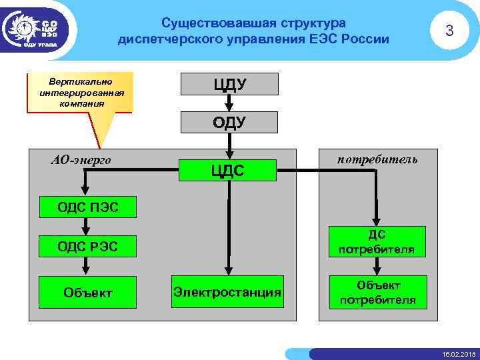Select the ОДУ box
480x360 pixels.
coord(229,123)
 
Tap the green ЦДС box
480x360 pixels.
coord(227,171)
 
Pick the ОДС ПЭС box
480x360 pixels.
coord(87,207)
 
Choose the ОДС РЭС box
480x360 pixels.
coord(87,246)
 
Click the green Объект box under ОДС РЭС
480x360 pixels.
coord(87,292)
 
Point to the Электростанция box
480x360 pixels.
coord(227,292)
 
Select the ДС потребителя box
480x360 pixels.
coord(376,242)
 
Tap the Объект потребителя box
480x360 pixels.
coord(376,292)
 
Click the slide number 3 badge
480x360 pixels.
coord(449,31)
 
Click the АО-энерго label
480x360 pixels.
coord(81,160)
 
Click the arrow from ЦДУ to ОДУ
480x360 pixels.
coord(227,104)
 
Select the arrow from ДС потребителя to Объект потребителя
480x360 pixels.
coord(376,267)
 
